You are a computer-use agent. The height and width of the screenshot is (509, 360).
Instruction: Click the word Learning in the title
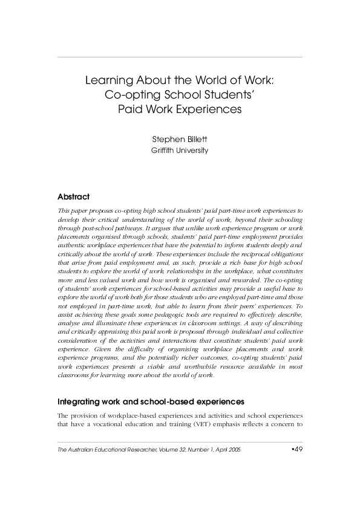[107, 80]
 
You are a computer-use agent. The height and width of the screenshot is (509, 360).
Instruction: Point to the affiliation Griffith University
[180, 151]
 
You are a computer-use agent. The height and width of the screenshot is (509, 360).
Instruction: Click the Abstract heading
[73, 197]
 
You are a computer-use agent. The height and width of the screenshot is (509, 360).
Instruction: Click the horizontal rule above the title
[180, 57]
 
